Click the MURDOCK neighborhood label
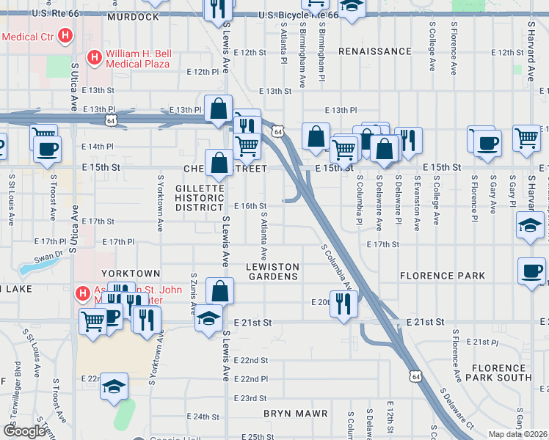[x=132, y=16]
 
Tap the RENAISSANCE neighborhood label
[x=375, y=51]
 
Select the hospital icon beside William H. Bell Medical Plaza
[x=94, y=57]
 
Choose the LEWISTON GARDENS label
[x=272, y=271]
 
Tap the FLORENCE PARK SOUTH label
[x=501, y=372]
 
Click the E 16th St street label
[x=261, y=206]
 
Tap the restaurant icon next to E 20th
[x=343, y=304]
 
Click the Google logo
[x=25, y=430]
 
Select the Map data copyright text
[x=517, y=434]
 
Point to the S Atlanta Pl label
[x=283, y=43]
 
